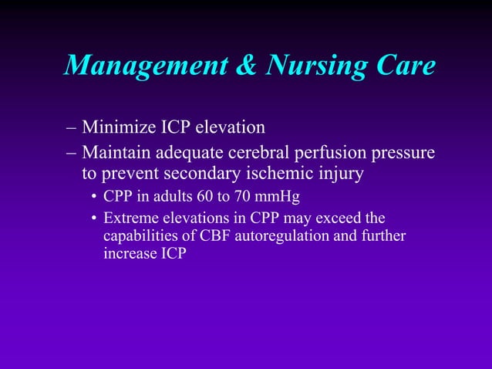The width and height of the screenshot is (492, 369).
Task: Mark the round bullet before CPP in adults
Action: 93,197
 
